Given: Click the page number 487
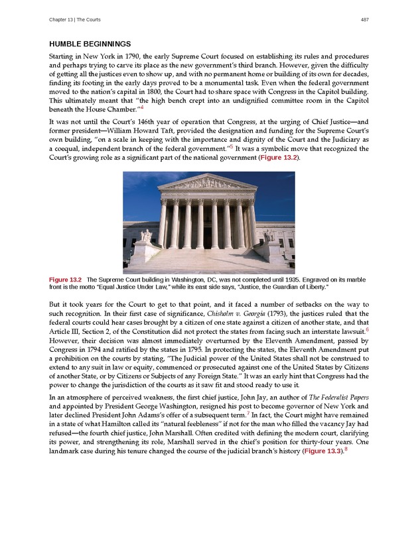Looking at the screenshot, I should [x=364, y=19].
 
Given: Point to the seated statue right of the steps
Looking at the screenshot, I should [x=268, y=235].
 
